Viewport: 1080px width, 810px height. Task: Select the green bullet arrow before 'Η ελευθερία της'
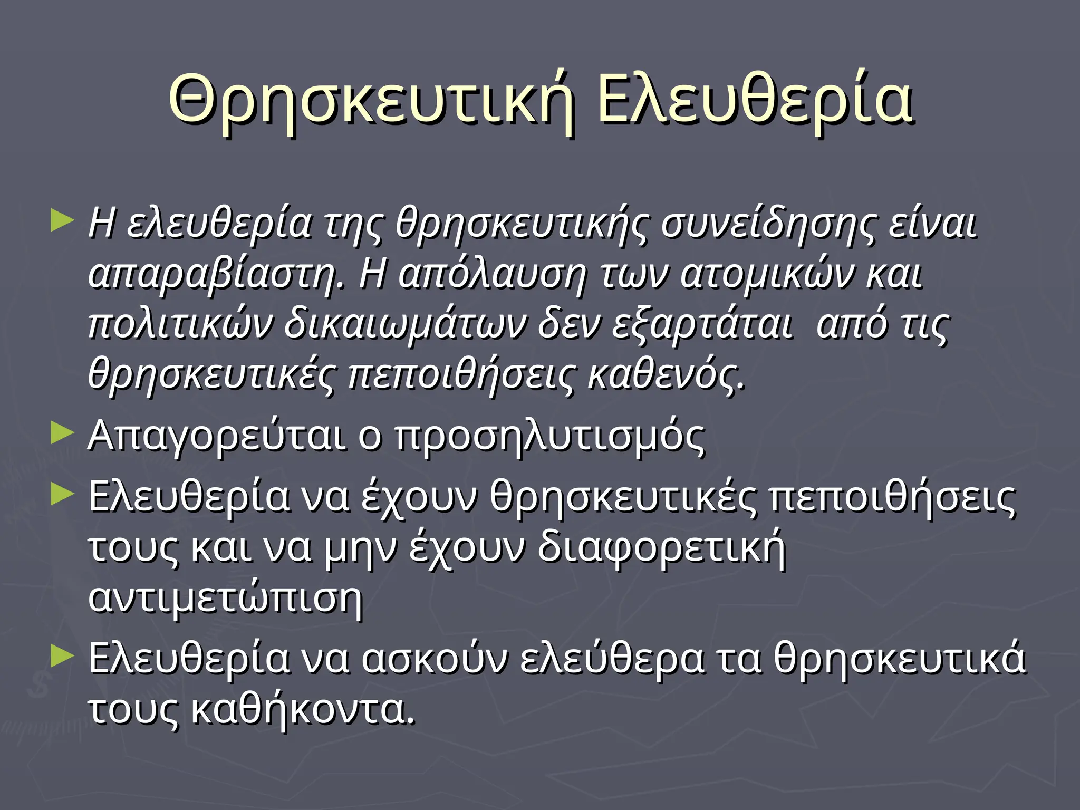[62, 221]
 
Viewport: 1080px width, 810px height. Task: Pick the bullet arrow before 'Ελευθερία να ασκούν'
[62, 656]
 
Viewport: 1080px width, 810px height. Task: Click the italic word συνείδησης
[767, 225]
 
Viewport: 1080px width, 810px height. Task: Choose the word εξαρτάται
[701, 324]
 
